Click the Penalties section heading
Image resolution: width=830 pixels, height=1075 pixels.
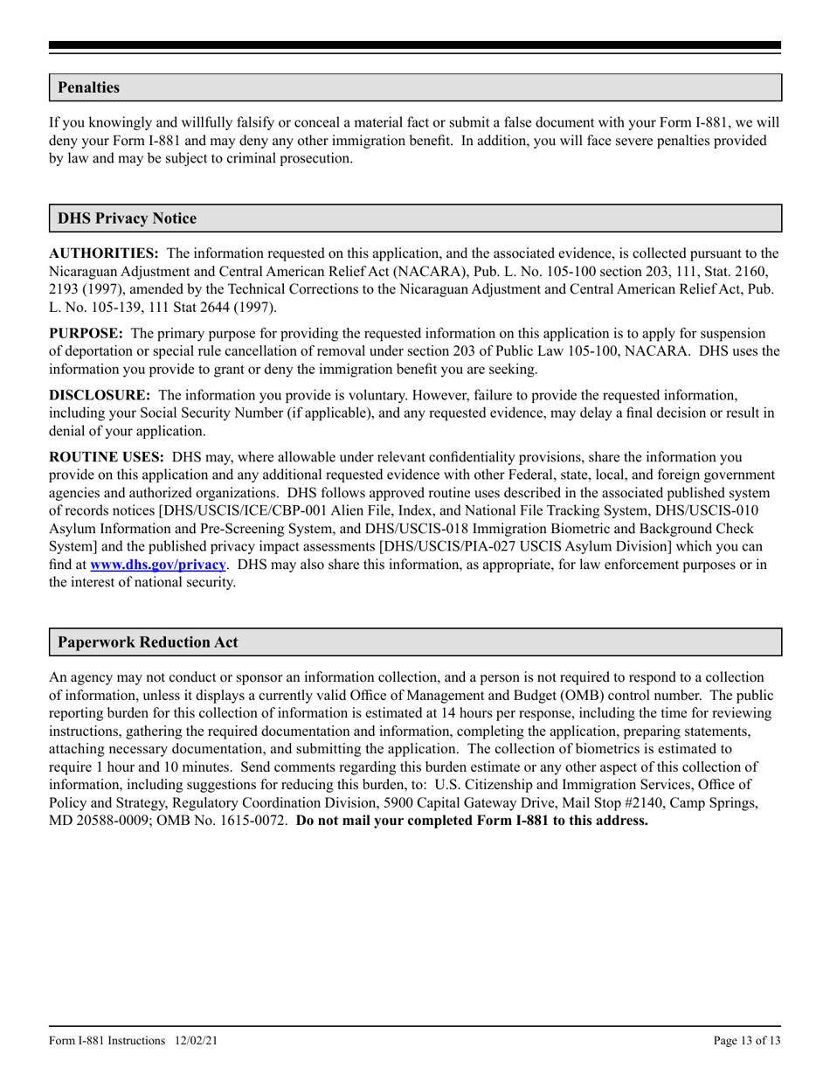tap(88, 87)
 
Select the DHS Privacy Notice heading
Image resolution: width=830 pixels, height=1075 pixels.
tap(127, 218)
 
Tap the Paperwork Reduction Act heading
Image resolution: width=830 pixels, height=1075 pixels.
tap(148, 642)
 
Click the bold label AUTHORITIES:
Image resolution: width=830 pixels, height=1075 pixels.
tap(104, 253)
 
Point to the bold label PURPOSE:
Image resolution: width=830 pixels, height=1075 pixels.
tap(86, 333)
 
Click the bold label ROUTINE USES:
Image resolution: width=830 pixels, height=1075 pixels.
tap(107, 457)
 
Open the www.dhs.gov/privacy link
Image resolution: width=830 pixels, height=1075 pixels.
tap(158, 565)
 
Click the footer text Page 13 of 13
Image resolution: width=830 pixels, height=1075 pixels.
tap(747, 1040)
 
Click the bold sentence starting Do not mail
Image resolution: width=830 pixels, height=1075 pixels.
tap(472, 821)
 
